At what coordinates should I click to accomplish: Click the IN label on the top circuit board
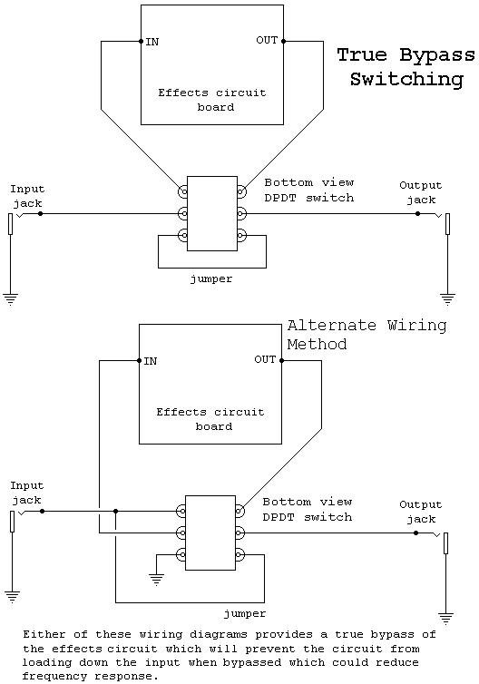click(x=152, y=42)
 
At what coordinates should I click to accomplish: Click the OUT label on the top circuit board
click(x=267, y=40)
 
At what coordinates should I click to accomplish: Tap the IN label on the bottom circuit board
click(x=151, y=361)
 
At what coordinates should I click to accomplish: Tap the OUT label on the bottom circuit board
click(x=265, y=359)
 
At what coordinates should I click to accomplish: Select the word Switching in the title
click(x=406, y=80)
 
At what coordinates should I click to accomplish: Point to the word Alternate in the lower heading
click(x=331, y=326)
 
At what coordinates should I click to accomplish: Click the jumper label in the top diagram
click(x=211, y=279)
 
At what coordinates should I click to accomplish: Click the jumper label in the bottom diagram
click(x=245, y=614)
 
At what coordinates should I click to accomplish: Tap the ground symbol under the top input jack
click(x=11, y=299)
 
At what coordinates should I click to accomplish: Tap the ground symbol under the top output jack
click(x=447, y=299)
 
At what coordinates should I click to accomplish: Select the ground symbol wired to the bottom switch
click(x=157, y=580)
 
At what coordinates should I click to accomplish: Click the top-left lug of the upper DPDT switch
click(x=183, y=191)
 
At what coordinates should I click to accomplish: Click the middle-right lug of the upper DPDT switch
click(x=241, y=214)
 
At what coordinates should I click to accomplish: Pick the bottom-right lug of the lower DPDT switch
click(x=239, y=555)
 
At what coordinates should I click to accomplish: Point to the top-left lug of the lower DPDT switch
click(x=181, y=511)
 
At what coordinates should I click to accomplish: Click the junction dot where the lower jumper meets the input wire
click(x=115, y=511)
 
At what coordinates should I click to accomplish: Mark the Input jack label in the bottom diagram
click(x=27, y=493)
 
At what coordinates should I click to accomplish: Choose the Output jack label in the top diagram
click(x=421, y=192)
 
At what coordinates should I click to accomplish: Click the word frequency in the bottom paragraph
click(x=54, y=677)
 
